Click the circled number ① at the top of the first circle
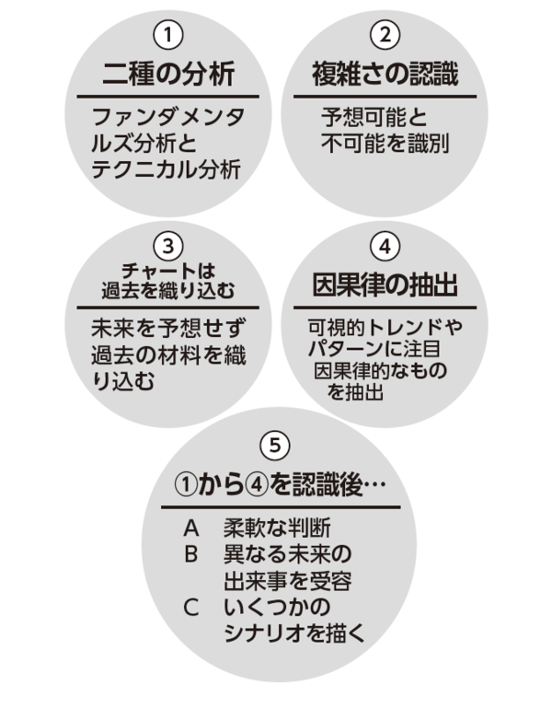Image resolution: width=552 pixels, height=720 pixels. click(x=167, y=37)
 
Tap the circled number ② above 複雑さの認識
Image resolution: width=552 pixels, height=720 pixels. click(x=385, y=37)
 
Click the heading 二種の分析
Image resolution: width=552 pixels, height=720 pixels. click(x=167, y=73)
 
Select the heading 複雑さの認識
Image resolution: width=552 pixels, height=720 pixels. click(x=385, y=73)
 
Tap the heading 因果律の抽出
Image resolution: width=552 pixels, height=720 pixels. click(x=385, y=284)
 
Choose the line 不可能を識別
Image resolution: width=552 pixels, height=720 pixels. click(x=385, y=144)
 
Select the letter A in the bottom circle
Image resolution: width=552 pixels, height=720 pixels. click(x=191, y=529)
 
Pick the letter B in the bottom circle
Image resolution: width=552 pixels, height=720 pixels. click(x=191, y=555)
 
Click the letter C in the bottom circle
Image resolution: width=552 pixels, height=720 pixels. click(x=191, y=608)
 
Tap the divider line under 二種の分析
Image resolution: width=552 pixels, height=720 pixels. click(x=167, y=96)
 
